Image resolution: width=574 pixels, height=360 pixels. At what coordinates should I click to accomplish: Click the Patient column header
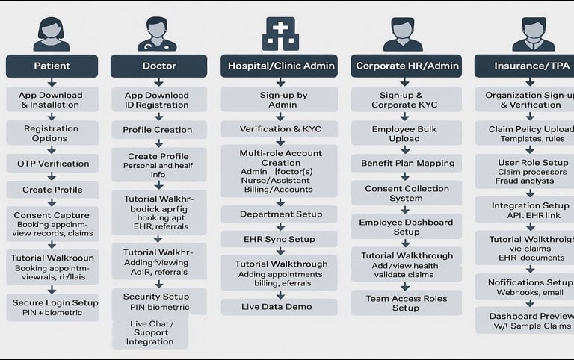pyautogui.click(x=52, y=66)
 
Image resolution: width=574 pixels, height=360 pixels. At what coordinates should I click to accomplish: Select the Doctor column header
pyautogui.click(x=158, y=66)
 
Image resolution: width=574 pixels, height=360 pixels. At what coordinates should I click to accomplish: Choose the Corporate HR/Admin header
pyautogui.click(x=406, y=66)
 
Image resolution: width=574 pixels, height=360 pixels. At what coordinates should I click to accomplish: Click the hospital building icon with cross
pyautogui.click(x=280, y=34)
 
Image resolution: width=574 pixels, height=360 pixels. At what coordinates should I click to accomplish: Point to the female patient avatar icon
pyautogui.click(x=52, y=34)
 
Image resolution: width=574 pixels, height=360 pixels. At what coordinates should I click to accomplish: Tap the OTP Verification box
pyautogui.click(x=52, y=164)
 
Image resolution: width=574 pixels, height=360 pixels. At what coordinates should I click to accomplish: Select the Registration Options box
pyautogui.click(x=52, y=133)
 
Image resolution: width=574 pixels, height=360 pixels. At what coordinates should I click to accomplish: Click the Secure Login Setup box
pyautogui.click(x=55, y=307)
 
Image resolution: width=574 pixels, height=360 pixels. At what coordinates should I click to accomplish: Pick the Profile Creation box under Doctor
pyautogui.click(x=157, y=130)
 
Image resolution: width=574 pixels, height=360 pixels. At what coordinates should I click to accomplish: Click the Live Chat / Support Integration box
pyautogui.click(x=151, y=332)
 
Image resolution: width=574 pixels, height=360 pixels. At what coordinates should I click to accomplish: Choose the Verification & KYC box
pyautogui.click(x=280, y=129)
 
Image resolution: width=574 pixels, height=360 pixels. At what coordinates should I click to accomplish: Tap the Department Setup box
pyautogui.click(x=280, y=214)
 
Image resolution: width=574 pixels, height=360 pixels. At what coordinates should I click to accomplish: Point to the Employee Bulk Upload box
pyautogui.click(x=405, y=134)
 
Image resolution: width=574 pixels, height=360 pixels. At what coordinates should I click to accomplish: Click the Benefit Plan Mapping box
pyautogui.click(x=407, y=163)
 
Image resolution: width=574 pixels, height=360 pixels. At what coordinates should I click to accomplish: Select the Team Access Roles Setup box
pyautogui.click(x=406, y=302)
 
